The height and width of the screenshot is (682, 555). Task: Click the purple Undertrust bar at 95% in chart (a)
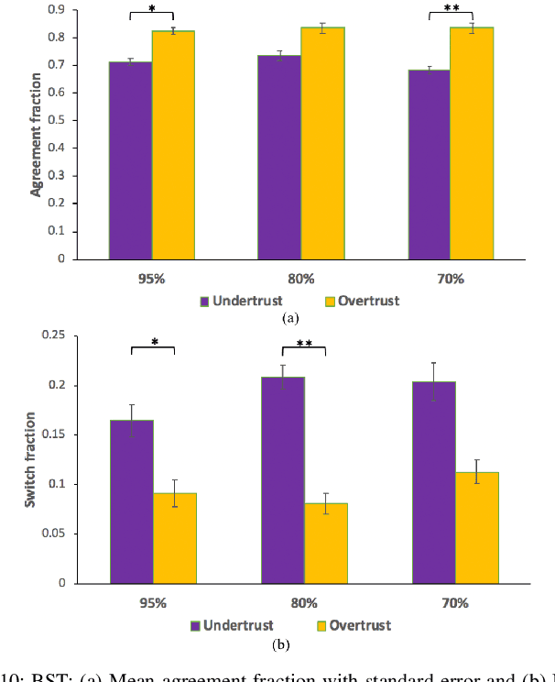pyautogui.click(x=130, y=160)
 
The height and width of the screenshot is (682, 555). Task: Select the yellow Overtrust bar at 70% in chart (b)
pyautogui.click(x=476, y=528)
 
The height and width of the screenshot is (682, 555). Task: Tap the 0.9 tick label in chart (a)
pyautogui.click(x=57, y=9)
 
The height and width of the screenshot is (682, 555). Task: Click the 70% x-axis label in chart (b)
pyautogui.click(x=454, y=603)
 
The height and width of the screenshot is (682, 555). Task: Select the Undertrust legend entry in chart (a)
pyautogui.click(x=245, y=301)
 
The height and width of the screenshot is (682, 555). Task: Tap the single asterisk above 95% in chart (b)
pyautogui.click(x=153, y=343)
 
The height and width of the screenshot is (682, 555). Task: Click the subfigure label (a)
pyautogui.click(x=290, y=317)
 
